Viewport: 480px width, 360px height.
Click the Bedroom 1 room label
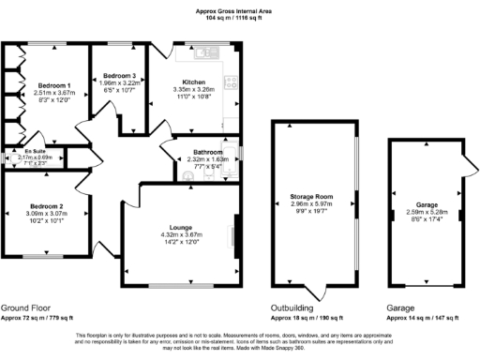point(52,85)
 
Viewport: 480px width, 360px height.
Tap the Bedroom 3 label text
point(119,75)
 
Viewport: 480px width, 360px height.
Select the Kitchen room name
point(195,83)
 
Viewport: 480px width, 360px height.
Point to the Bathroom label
point(205,152)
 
